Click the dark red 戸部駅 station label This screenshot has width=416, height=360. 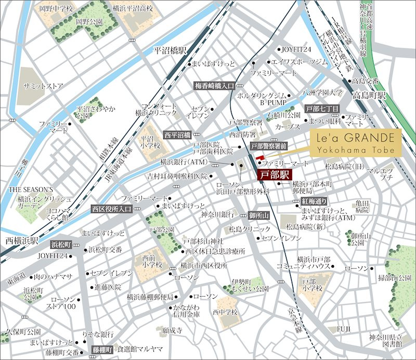(275, 175)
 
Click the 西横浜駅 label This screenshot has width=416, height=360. (20, 241)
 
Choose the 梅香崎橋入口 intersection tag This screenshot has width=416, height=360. (214, 85)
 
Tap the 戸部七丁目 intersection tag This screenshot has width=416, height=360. (322, 109)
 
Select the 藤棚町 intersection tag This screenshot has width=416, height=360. (102, 350)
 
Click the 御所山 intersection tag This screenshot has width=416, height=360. (258, 215)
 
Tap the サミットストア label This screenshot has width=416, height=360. (43, 85)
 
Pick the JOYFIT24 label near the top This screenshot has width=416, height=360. (296, 50)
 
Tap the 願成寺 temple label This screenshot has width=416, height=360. (172, 330)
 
